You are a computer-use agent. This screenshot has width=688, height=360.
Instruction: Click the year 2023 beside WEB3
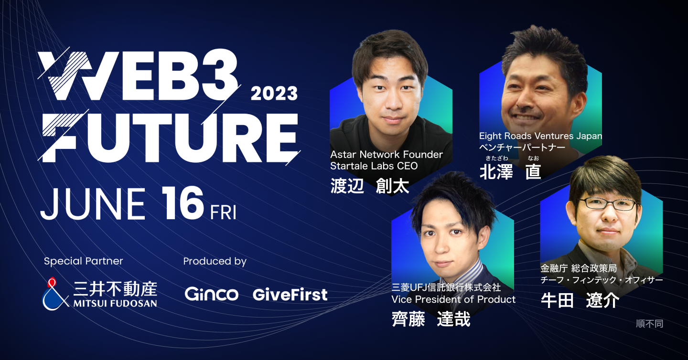[x=274, y=93]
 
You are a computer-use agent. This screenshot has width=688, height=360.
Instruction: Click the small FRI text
[x=223, y=212]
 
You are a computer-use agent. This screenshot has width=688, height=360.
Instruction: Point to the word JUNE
[x=93, y=204]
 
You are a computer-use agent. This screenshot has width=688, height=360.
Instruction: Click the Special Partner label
[x=83, y=261]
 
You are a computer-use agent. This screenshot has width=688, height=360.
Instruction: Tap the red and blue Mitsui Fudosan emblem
[x=54, y=293]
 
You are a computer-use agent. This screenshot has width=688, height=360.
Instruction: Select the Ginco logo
[x=211, y=294]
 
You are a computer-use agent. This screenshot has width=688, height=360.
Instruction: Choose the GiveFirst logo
[x=290, y=294]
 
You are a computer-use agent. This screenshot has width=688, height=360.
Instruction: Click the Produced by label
[x=215, y=261]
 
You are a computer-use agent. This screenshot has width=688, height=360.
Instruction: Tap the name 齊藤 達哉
[x=430, y=318]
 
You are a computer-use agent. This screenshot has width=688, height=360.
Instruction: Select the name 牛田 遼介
[x=580, y=300]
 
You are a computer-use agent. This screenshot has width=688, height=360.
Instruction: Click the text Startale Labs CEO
[x=374, y=166]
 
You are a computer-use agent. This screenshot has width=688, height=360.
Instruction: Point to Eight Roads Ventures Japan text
[x=540, y=136]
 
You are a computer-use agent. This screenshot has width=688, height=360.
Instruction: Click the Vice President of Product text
[x=453, y=299]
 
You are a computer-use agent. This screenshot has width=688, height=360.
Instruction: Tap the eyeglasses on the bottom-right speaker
[x=608, y=204]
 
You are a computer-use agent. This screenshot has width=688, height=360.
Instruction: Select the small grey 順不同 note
[x=649, y=324]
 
